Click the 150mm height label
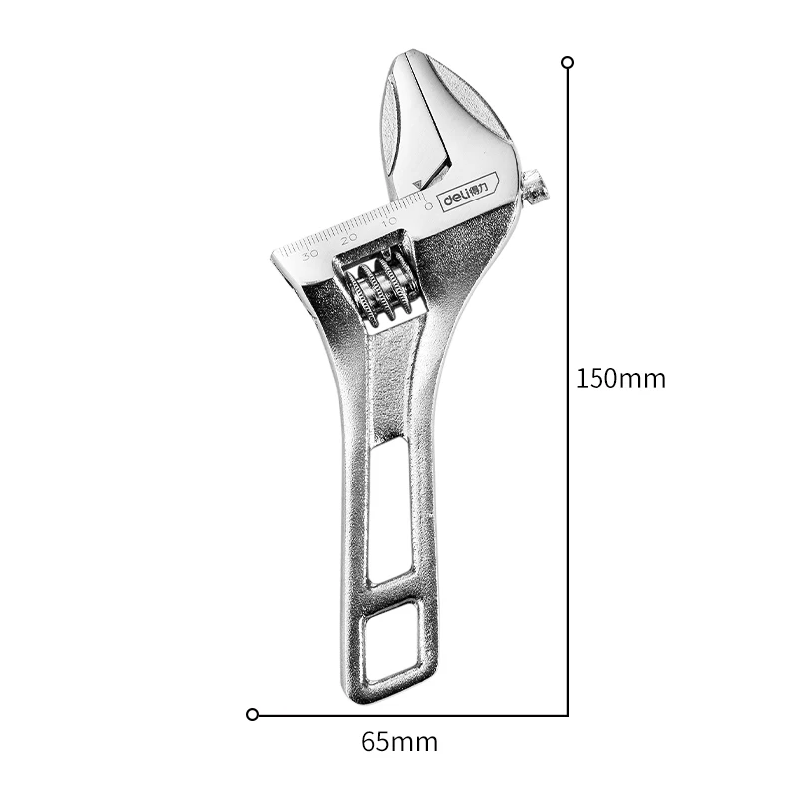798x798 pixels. [x=620, y=379]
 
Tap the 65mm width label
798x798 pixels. [x=399, y=742]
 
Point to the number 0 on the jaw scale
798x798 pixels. [x=428, y=206]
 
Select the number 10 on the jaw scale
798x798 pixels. [x=389, y=220]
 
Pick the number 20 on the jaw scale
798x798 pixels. [x=348, y=237]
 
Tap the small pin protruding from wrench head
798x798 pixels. [x=535, y=187]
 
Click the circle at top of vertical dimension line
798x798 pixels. [x=567, y=62]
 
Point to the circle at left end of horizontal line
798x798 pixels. [x=252, y=714]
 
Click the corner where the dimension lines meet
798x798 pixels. [x=567, y=714]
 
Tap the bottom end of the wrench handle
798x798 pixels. [x=399, y=699]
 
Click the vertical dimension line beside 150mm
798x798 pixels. [x=567, y=299]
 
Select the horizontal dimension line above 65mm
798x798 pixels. [x=419, y=714]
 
